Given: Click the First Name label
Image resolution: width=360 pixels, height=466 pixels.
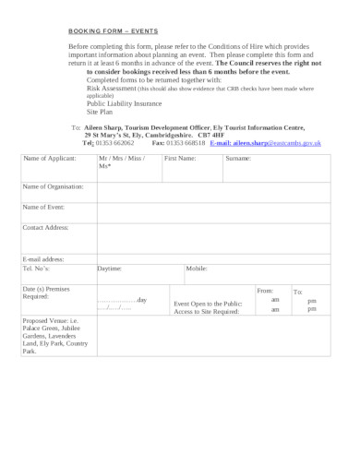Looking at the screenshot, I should pos(180,159).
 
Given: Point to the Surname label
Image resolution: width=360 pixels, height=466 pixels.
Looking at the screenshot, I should pos(238,159).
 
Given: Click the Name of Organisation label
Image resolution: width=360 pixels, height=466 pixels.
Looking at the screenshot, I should pos(53,186).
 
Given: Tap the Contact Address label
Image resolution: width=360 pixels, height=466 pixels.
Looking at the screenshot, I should pos(46,226).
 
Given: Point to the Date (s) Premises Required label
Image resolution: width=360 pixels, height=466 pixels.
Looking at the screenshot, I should pos(44,293).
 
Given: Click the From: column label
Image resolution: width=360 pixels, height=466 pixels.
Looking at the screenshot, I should pos(265,291).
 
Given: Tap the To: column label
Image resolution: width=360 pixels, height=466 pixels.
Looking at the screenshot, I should pos(297,292).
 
